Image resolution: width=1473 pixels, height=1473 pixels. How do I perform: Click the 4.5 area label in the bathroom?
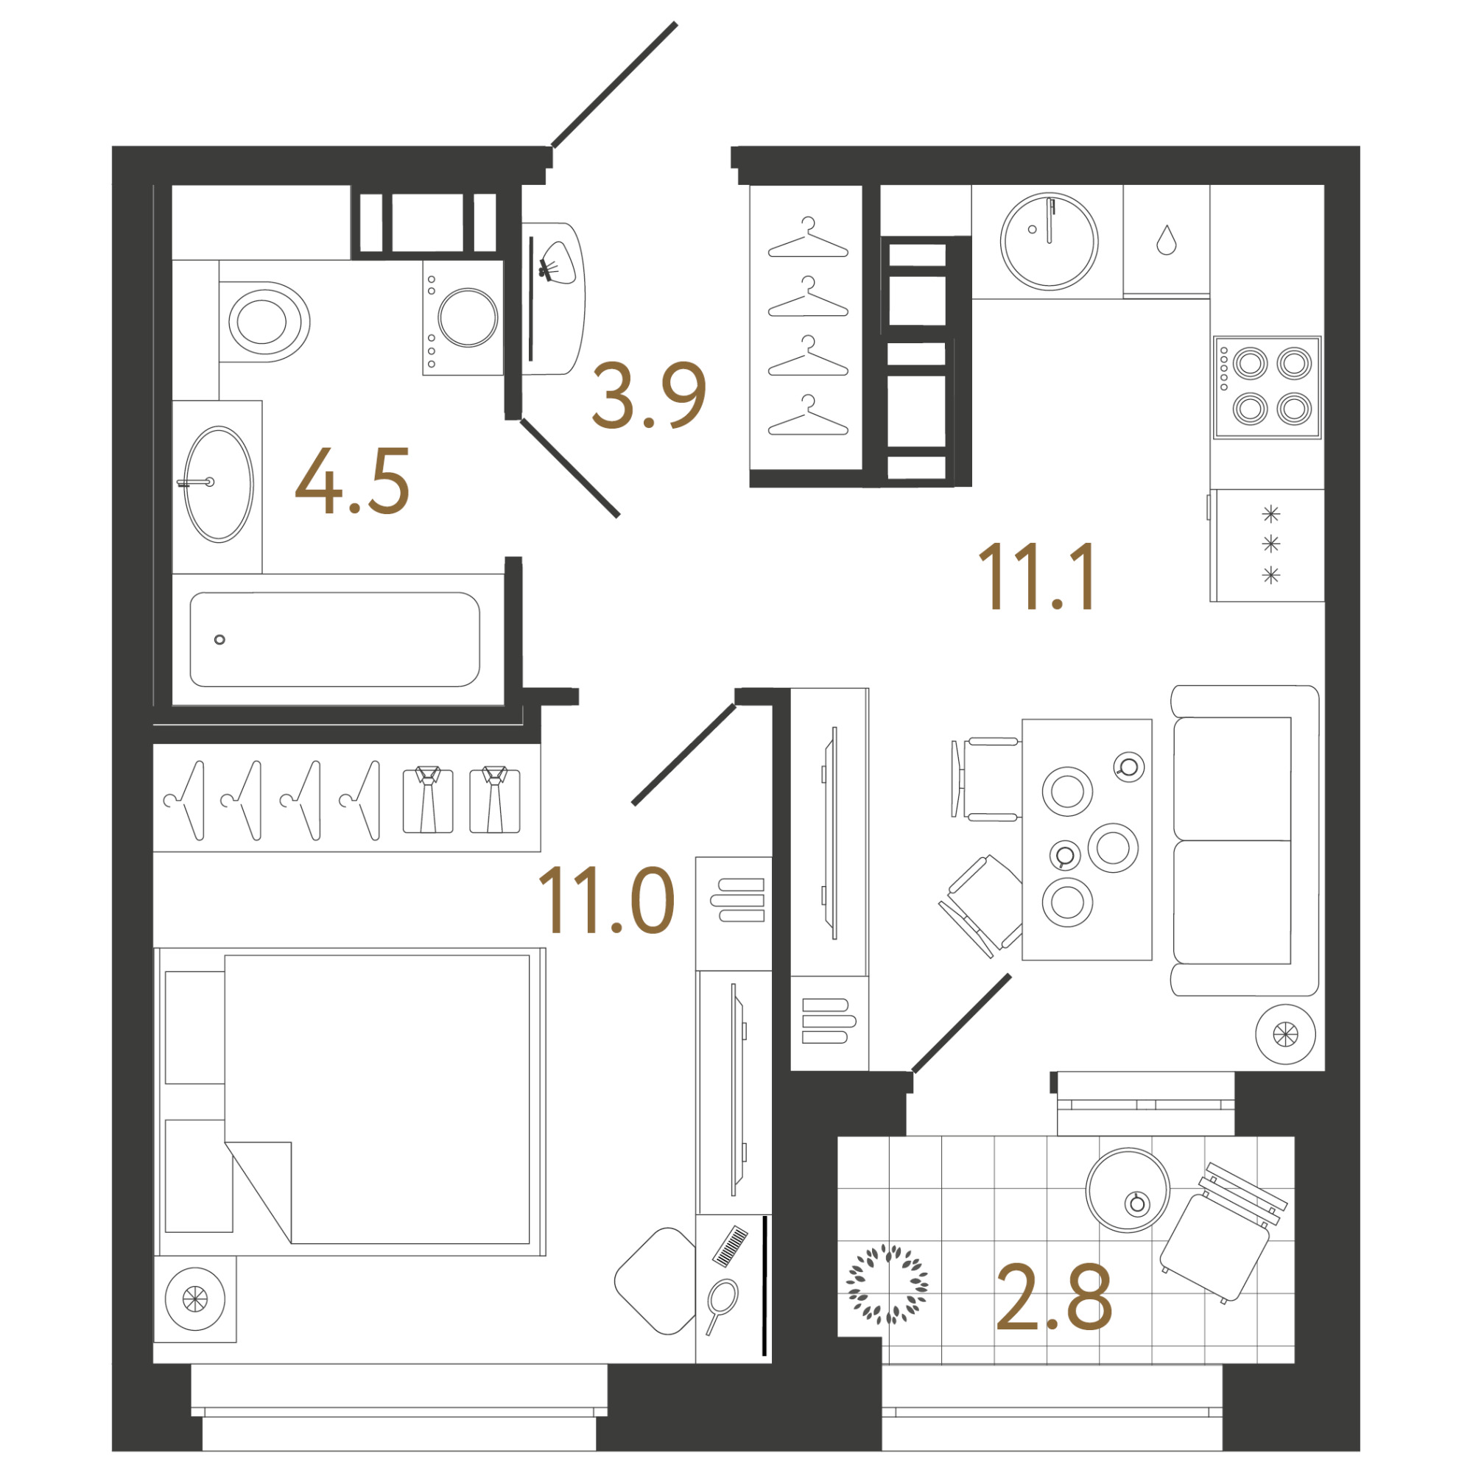(x=352, y=481)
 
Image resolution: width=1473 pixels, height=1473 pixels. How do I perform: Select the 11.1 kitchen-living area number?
(x=1036, y=577)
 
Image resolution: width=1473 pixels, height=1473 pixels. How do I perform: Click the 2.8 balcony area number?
(x=1054, y=1298)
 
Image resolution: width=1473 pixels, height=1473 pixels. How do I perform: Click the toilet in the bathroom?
(x=264, y=322)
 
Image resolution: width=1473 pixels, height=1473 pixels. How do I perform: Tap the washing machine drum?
(x=468, y=317)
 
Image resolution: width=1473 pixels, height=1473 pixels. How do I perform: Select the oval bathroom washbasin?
(x=219, y=484)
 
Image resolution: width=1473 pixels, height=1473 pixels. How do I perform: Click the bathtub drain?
(x=219, y=640)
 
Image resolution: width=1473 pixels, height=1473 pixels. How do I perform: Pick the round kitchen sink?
(x=1049, y=241)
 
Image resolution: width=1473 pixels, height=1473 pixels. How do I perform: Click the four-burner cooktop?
(x=1267, y=387)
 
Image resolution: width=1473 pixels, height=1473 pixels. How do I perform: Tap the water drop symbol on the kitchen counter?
(x=1167, y=239)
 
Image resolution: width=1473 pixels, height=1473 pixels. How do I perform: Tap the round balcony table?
(x=1128, y=1190)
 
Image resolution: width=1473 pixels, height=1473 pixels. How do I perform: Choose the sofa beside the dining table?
(x=1244, y=840)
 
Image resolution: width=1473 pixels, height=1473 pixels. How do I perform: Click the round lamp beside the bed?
(x=195, y=1299)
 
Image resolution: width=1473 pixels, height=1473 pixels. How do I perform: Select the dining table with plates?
(x=1086, y=840)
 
